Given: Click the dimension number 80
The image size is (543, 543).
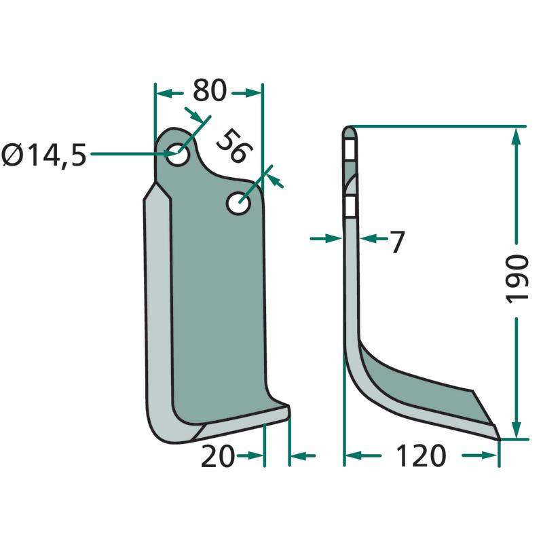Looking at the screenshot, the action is [x=210, y=91].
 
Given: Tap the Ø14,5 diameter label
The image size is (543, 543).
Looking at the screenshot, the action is [x=44, y=155].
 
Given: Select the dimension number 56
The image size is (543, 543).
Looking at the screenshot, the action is [x=234, y=145].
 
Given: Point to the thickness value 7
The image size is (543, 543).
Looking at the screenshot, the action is [x=398, y=242].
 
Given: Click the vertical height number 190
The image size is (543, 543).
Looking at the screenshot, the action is [x=517, y=279].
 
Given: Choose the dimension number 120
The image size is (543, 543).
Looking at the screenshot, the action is [x=421, y=455].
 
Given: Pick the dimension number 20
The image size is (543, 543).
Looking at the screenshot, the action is [x=218, y=456].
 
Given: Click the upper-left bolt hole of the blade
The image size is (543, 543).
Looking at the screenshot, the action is [x=177, y=154].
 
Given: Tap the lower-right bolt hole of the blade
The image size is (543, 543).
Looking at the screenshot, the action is [x=239, y=203].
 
